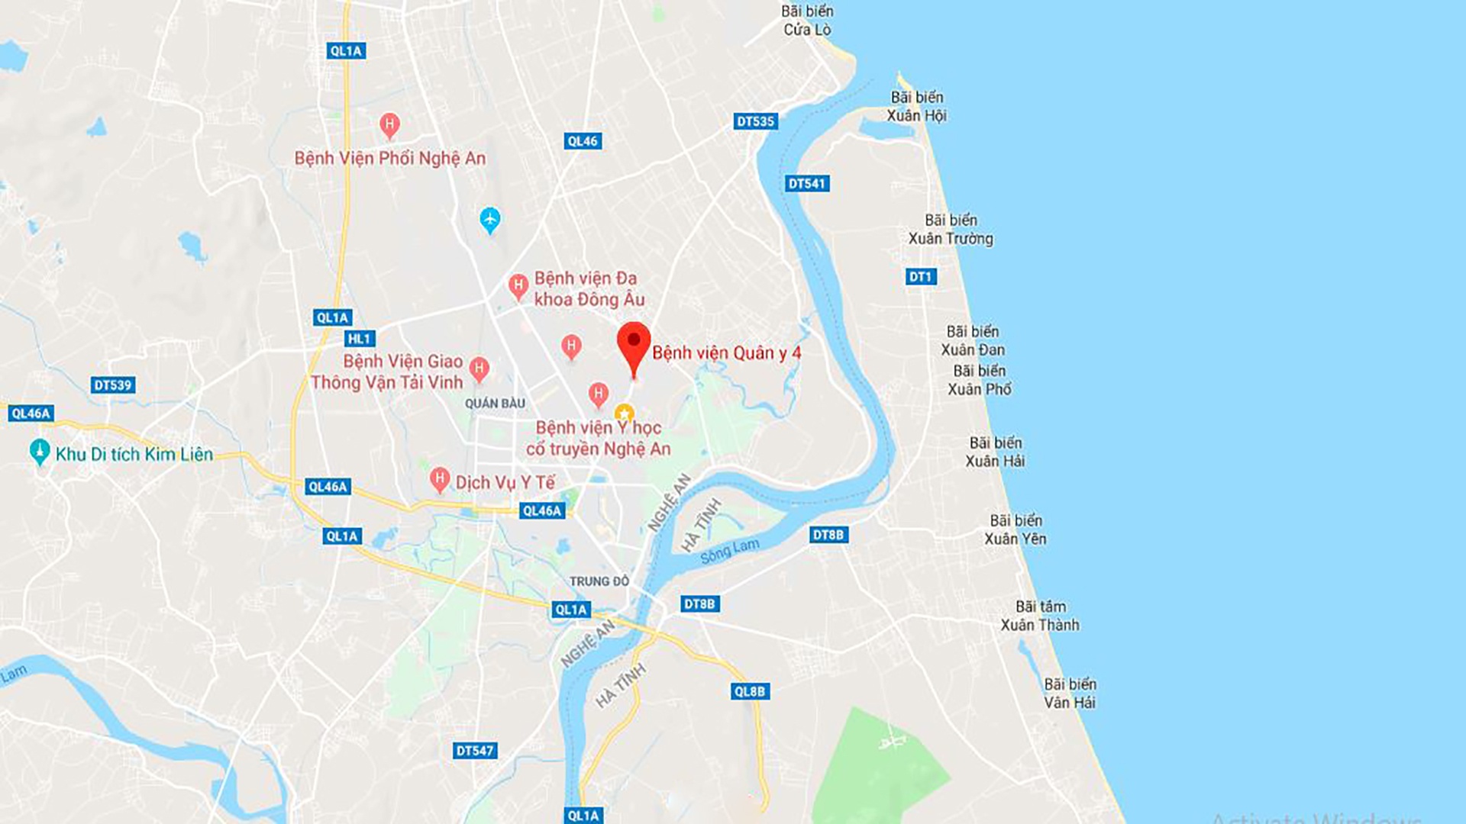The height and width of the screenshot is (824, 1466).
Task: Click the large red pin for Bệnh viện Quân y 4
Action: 633,345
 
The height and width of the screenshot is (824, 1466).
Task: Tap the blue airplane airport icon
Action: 490,220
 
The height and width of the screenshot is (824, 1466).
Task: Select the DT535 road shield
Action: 755,121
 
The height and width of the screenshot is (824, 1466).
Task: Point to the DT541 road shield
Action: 806,183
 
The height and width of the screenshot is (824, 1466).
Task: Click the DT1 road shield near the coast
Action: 920,276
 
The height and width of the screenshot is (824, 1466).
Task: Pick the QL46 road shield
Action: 583,141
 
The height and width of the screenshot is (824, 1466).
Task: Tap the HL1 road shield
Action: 359,339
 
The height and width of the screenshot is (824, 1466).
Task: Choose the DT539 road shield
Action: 113,385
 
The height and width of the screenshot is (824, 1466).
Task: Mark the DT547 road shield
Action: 475,751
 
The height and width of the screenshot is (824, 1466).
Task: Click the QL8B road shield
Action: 749,691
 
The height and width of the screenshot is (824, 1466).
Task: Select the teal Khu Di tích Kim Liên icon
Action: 39,452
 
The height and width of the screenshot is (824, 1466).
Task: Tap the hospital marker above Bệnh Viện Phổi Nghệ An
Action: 389,124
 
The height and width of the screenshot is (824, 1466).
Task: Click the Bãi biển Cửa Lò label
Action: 807,21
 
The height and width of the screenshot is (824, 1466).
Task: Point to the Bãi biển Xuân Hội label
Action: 916,106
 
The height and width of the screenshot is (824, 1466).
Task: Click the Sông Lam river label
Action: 730,550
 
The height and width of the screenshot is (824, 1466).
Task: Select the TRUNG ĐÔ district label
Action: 599,581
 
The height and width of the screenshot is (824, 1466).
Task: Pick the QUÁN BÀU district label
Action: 495,403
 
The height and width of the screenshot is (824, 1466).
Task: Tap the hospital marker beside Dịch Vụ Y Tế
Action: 439,480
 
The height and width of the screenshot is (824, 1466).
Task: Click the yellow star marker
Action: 624,413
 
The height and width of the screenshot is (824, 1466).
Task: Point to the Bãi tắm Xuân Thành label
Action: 1040,616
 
